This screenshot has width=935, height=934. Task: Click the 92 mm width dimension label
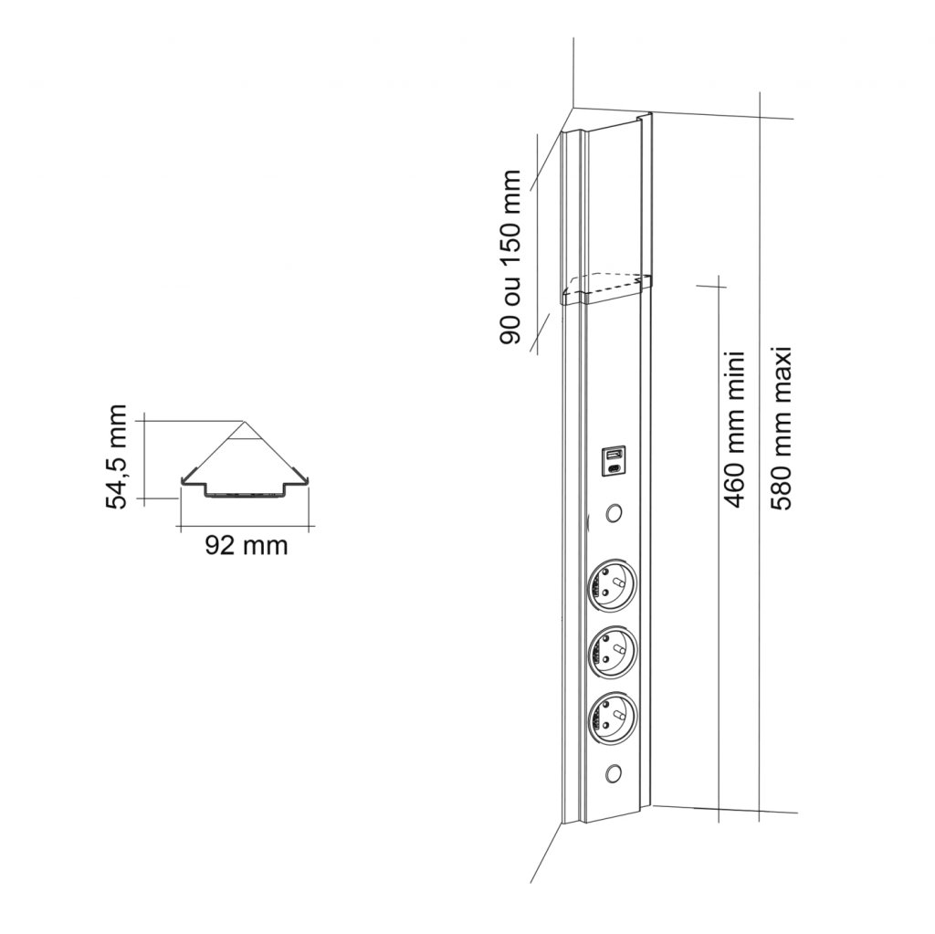[x=247, y=545]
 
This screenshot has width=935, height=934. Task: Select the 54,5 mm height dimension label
[x=116, y=457]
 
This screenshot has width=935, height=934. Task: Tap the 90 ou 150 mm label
[x=510, y=257]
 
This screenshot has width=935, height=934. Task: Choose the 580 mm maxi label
[x=780, y=427]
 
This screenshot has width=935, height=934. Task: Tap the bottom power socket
[x=612, y=718]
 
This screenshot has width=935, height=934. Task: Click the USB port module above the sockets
[x=613, y=462]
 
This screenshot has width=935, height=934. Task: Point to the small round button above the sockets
[x=613, y=513]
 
